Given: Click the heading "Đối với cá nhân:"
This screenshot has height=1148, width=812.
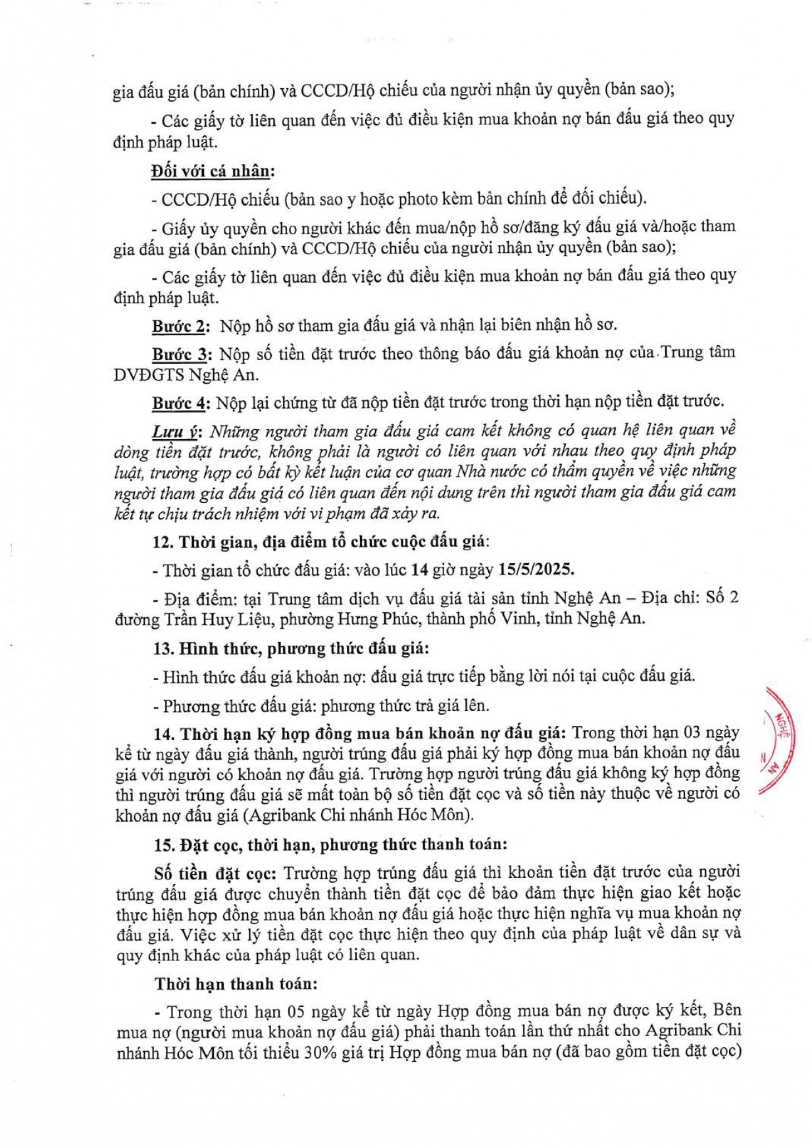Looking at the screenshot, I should click(213, 172).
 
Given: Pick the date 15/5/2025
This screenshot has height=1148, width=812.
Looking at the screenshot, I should click(536, 569).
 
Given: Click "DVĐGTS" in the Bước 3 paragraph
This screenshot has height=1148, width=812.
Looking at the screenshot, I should click(148, 375).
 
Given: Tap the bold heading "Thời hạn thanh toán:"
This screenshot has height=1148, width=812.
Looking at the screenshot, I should click(236, 984).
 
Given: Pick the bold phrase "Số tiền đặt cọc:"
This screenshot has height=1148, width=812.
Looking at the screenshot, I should click(216, 874).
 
